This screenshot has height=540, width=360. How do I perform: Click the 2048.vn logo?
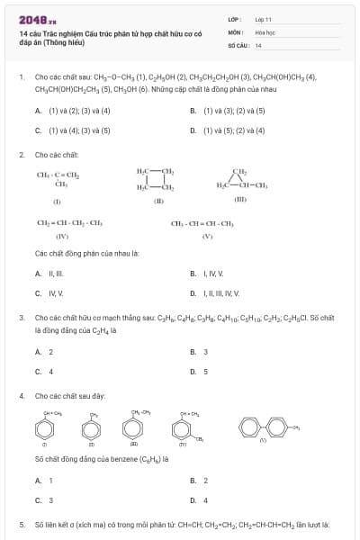click(x=37, y=19)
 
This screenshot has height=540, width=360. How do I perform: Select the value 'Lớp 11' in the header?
click(x=264, y=18)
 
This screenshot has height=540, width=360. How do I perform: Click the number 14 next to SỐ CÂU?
click(x=258, y=44)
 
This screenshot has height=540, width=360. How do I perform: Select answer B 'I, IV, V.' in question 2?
click(x=208, y=274)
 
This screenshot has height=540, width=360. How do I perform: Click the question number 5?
click(x=22, y=524)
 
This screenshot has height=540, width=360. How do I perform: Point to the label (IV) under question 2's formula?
click(x=62, y=236)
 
